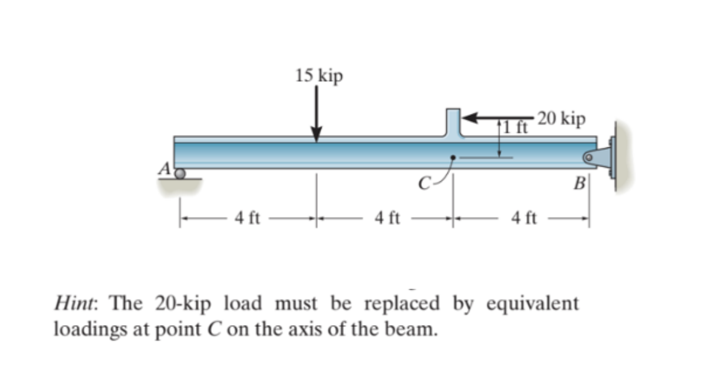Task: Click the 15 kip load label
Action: pyautogui.click(x=319, y=76)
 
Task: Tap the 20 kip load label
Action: pyautogui.click(x=561, y=119)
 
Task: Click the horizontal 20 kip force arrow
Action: pyautogui.click(x=497, y=118)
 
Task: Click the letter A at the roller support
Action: pyautogui.click(x=166, y=169)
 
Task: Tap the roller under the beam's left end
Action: pyautogui.click(x=181, y=174)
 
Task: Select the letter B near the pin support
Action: pyautogui.click(x=579, y=185)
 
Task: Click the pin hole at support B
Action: pyautogui.click(x=589, y=157)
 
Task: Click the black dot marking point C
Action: pyautogui.click(x=453, y=157)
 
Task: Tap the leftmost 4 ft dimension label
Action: pyautogui.click(x=247, y=219)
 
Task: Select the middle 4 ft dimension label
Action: pyautogui.click(x=387, y=219)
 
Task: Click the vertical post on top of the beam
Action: pyautogui.click(x=454, y=123)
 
